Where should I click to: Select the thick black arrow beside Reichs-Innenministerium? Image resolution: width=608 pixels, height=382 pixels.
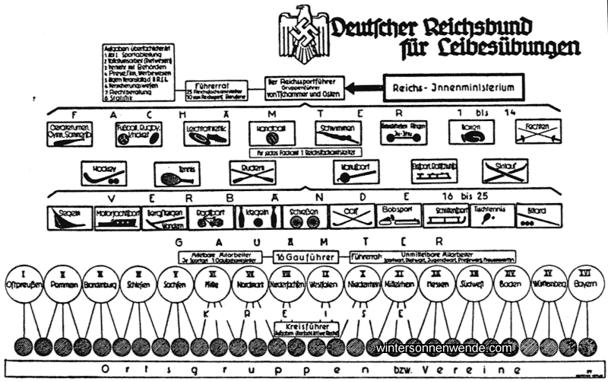(x=362, y=88)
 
